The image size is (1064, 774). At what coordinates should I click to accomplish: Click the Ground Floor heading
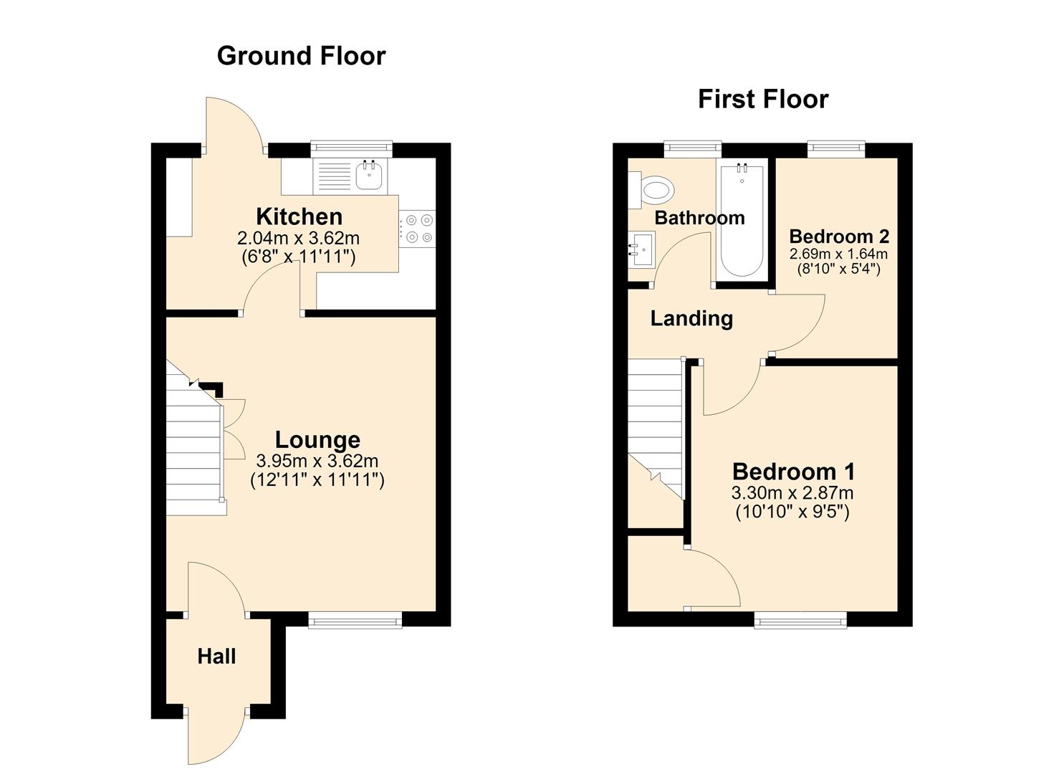(301, 56)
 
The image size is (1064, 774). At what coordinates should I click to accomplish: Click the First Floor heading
(763, 100)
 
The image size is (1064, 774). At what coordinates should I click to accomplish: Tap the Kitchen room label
(299, 216)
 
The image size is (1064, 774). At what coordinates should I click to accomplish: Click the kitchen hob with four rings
(417, 229)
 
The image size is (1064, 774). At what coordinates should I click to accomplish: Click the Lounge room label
(317, 440)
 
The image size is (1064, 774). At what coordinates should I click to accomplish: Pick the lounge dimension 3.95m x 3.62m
(317, 461)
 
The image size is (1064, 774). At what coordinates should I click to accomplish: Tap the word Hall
(216, 656)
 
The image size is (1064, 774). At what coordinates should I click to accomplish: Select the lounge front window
(355, 620)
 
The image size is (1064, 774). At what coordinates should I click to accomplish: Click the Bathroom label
(700, 218)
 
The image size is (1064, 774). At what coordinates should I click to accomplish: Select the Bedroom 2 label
(839, 236)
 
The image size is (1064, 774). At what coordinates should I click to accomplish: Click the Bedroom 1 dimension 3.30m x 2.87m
(792, 493)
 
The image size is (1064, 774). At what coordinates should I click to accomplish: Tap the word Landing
(691, 319)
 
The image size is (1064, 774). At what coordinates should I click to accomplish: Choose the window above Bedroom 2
(836, 149)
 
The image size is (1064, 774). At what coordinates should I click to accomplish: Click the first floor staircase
(656, 429)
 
